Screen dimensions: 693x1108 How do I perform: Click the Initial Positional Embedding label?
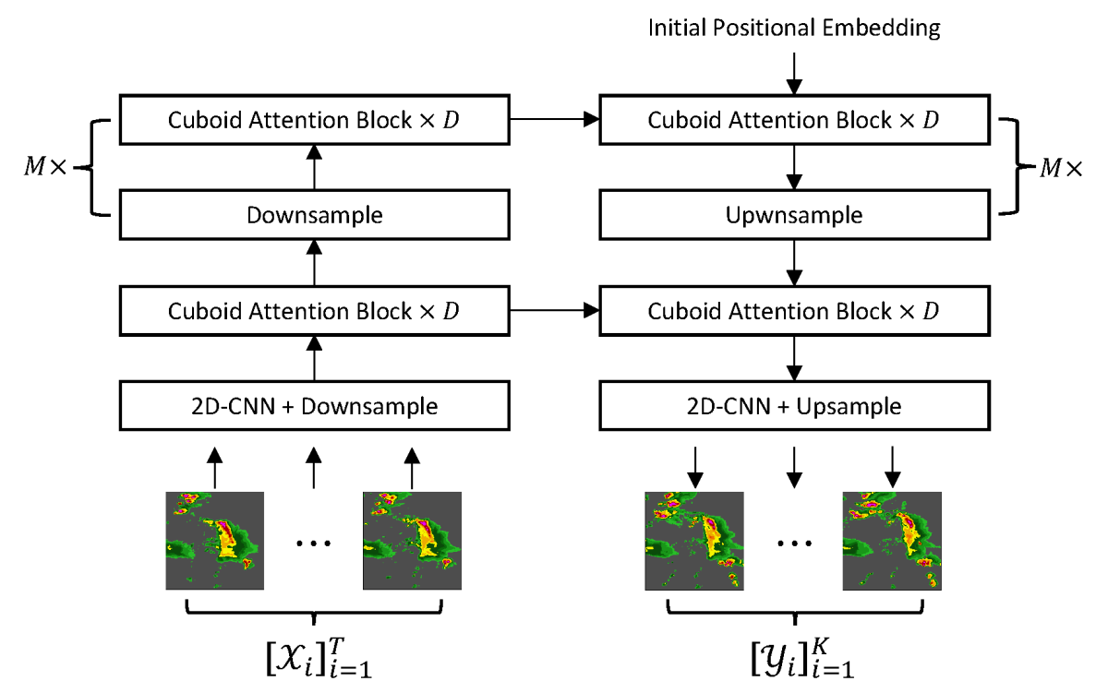(x=794, y=28)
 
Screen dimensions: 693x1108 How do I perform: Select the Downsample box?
(x=315, y=215)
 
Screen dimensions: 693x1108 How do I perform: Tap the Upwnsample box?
(x=794, y=215)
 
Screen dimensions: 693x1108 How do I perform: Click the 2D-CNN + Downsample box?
(x=315, y=406)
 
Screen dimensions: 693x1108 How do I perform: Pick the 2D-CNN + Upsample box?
(x=794, y=406)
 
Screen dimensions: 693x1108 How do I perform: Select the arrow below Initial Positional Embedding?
(x=794, y=73)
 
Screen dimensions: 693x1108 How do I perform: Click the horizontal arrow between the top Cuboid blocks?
(x=555, y=119)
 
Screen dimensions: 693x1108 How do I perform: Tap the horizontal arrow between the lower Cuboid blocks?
(x=555, y=311)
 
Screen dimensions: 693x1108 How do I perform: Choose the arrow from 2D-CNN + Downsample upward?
(x=315, y=358)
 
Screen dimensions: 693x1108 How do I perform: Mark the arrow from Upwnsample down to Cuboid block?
(x=794, y=263)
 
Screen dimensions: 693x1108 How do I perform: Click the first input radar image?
(x=215, y=541)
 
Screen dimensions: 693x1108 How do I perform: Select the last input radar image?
(x=412, y=541)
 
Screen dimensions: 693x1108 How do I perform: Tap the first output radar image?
(x=693, y=541)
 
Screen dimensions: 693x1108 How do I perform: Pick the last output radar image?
(x=891, y=541)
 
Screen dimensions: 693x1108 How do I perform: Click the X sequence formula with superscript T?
(x=315, y=657)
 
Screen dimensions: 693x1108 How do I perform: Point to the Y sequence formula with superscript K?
(x=794, y=657)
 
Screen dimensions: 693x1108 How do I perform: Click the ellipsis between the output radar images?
(x=793, y=544)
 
